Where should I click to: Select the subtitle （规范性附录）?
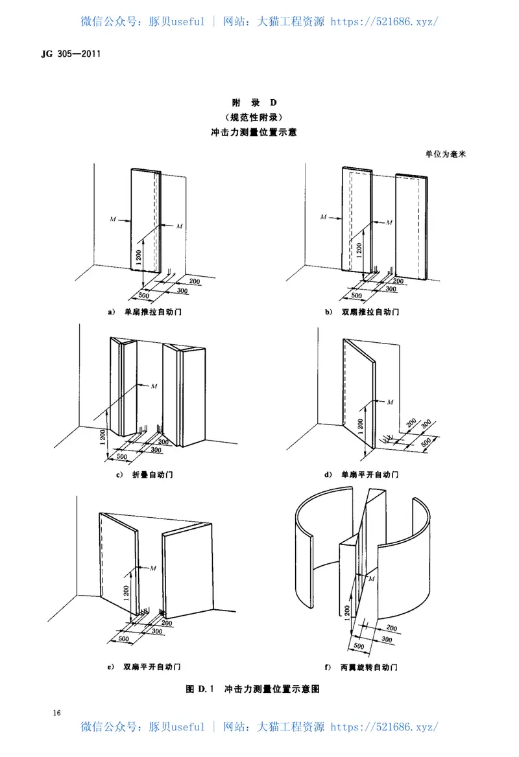(259, 117)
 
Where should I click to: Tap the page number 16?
(57, 713)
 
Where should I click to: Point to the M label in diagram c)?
(154, 386)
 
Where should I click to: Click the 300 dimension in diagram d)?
(425, 426)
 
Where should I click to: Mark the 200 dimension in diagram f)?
(391, 628)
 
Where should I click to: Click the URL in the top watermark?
(385, 21)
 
